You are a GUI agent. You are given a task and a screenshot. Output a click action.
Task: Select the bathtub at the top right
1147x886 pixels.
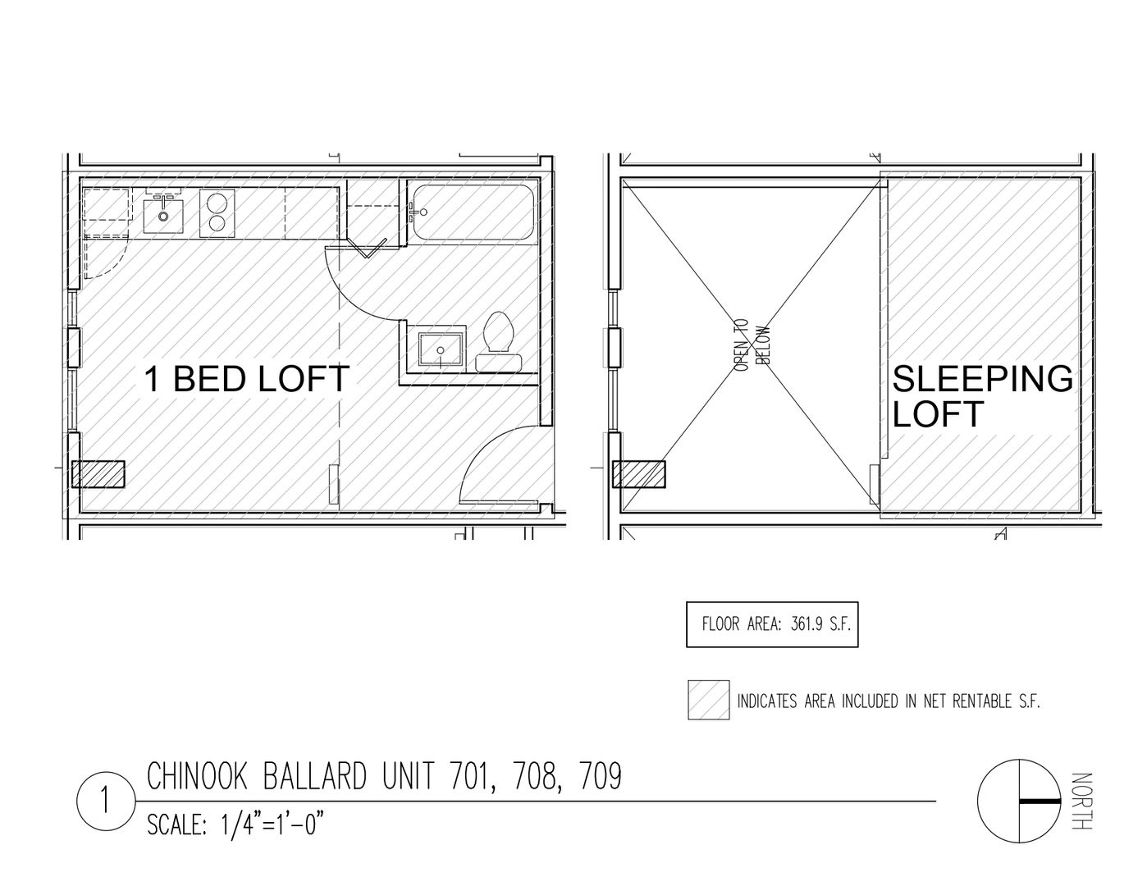(473, 213)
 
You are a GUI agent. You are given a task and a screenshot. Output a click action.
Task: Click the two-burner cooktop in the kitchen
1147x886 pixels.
(218, 212)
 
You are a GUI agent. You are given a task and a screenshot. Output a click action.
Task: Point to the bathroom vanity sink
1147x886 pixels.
(441, 349)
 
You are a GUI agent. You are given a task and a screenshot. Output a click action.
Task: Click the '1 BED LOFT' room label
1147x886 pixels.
(247, 379)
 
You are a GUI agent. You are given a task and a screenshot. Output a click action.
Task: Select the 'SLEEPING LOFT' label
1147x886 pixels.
(982, 395)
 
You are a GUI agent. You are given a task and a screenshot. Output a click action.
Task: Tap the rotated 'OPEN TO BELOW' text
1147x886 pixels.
(752, 345)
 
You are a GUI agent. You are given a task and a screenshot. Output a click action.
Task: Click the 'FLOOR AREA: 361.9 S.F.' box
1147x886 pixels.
(772, 624)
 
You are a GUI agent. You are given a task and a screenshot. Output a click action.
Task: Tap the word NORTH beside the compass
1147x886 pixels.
(1082, 801)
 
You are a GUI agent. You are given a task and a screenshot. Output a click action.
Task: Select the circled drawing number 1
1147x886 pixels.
(105, 801)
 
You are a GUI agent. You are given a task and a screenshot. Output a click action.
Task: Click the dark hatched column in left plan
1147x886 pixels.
(98, 475)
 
